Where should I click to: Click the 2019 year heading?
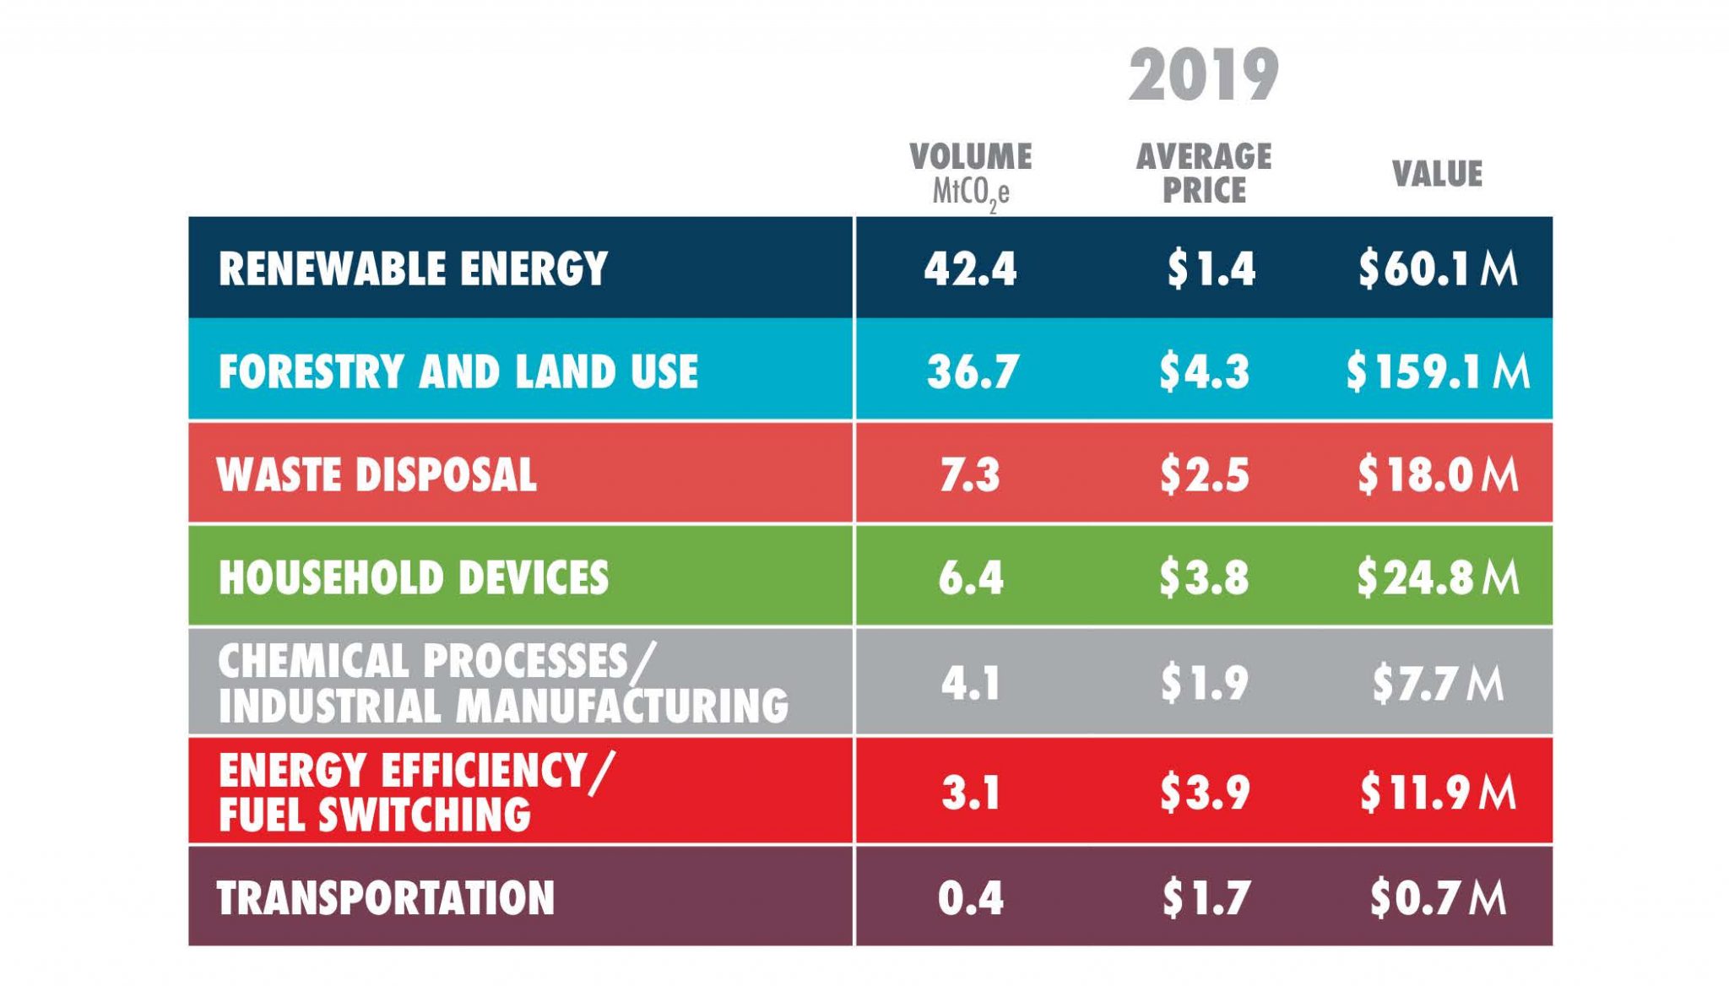coord(1204,76)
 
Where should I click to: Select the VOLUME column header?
coord(971,157)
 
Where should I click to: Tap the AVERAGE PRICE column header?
coord(1204,173)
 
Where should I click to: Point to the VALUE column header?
coord(1437,174)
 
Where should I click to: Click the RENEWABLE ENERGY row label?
coord(413,268)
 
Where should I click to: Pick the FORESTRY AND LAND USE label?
coord(458,371)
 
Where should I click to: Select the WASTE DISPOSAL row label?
coord(377,474)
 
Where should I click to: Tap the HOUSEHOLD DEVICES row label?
coord(414,577)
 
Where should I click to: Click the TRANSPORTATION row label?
coord(386,897)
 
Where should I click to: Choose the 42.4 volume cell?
coord(971,268)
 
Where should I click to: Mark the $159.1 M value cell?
coord(1438,371)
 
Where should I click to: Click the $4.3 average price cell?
coord(1204,371)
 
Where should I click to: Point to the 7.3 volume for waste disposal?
coord(970,474)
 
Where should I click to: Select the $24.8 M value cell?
coord(1438,577)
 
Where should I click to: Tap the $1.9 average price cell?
coord(1204,682)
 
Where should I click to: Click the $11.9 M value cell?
coord(1438,792)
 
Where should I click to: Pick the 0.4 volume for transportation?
coord(971,897)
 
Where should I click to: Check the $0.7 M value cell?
coord(1438,897)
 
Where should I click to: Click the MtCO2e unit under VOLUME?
coord(971,192)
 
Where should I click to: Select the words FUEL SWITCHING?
coord(375,815)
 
